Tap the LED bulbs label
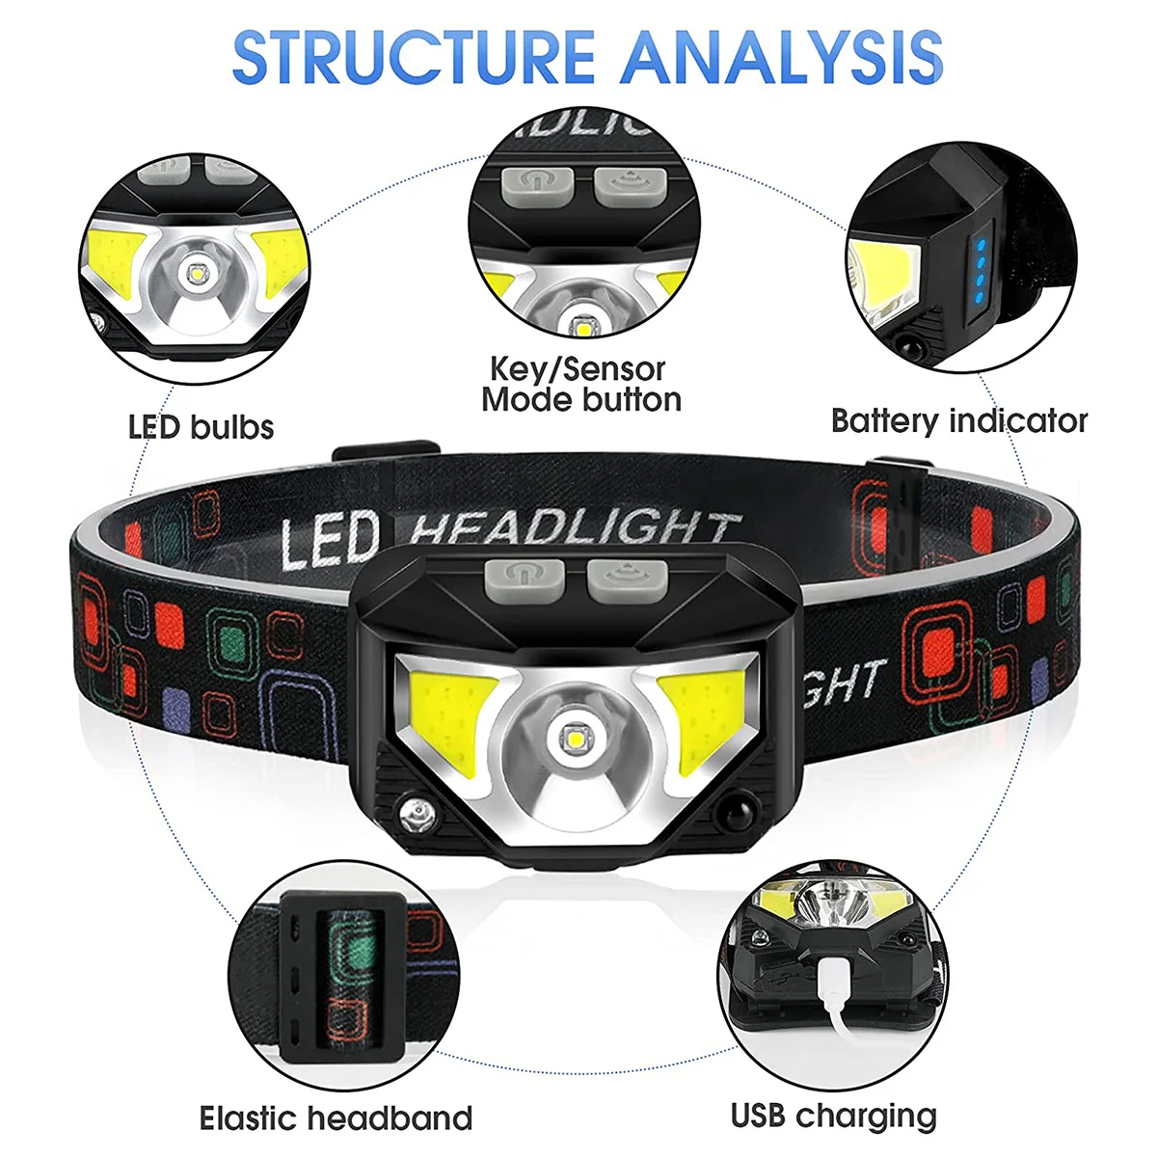201,427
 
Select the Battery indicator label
958,421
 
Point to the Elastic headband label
336,1118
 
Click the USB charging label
833,1116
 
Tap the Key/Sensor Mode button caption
581,384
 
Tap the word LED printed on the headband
330,540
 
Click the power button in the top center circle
533,183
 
